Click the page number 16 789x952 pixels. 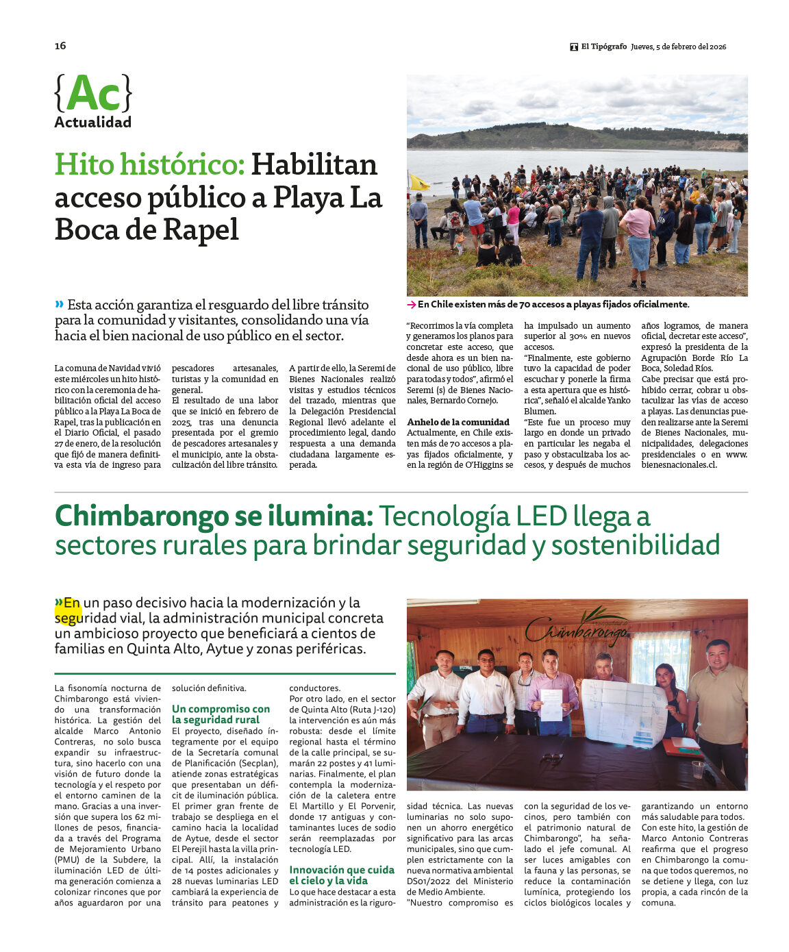pos(60,46)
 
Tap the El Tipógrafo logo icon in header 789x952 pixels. pos(574,47)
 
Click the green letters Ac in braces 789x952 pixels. pos(93,94)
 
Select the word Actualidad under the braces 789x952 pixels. pos(92,123)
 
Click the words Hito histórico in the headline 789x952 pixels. pos(149,165)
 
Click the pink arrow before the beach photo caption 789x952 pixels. pos(411,305)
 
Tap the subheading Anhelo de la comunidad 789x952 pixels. pos(458,422)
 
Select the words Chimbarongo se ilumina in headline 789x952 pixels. pos(214,516)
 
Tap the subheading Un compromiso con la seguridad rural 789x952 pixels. pos(221,714)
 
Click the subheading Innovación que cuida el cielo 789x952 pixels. pos(342,875)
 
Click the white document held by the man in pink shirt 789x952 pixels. pos(551,705)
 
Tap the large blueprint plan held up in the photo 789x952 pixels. pos(623,713)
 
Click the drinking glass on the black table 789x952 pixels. pos(697,769)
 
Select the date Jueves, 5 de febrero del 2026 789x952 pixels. pos(679,47)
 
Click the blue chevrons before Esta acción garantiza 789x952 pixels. pos(60,304)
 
